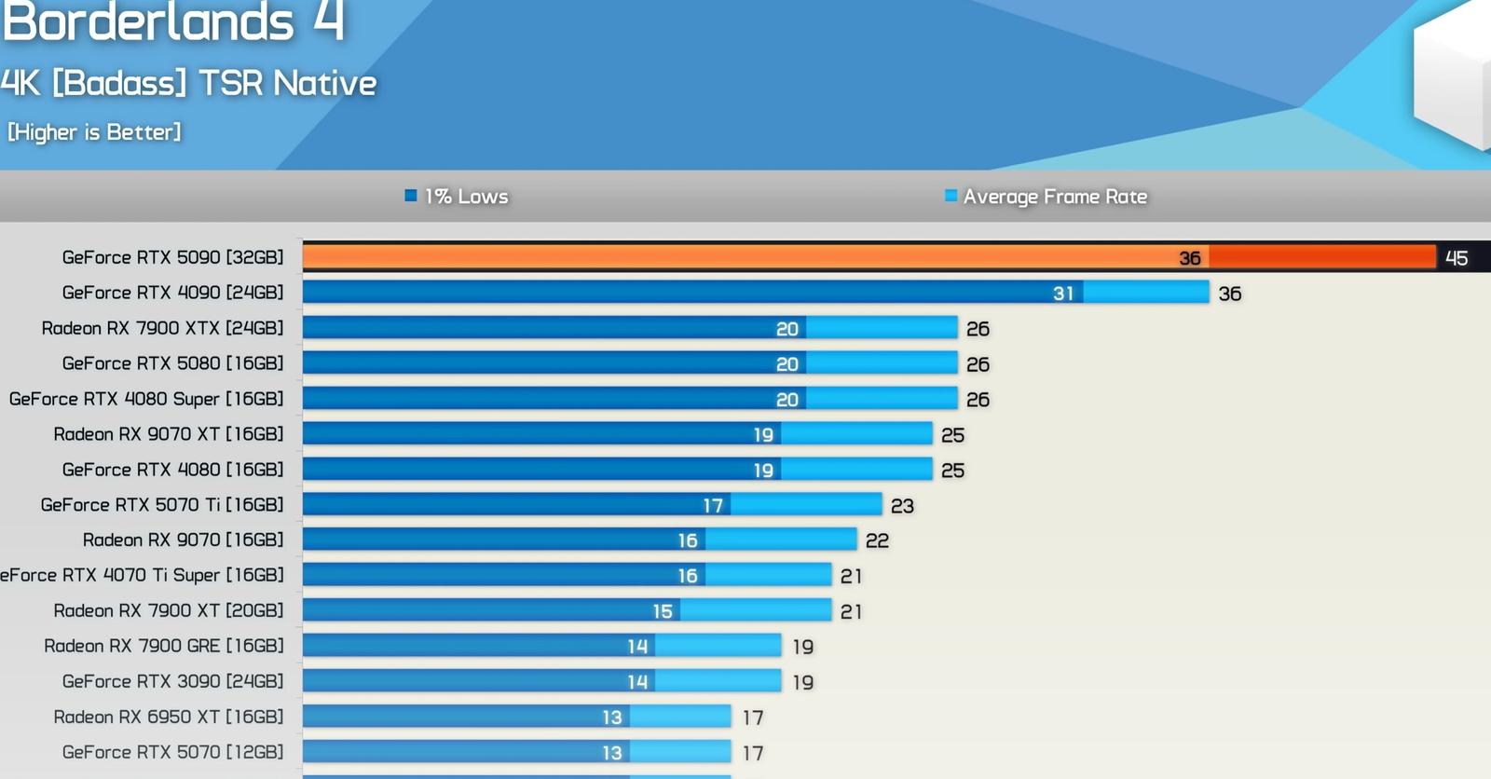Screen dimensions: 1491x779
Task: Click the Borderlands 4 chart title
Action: click(173, 21)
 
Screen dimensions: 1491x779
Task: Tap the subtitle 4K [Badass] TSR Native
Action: click(188, 83)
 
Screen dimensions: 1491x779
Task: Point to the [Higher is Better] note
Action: click(94, 131)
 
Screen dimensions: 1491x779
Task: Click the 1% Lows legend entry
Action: click(457, 197)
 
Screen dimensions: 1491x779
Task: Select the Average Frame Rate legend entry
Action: click(1046, 197)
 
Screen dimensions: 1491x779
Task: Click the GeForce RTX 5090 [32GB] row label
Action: click(172, 257)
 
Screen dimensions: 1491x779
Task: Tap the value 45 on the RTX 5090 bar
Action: click(1457, 258)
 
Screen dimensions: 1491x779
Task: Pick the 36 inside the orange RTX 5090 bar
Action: click(1189, 258)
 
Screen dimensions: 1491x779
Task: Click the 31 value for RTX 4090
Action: click(1063, 293)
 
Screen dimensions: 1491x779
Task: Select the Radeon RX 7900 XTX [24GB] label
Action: click(162, 328)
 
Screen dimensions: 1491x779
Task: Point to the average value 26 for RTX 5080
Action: click(978, 364)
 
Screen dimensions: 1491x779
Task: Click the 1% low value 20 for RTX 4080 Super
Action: click(787, 400)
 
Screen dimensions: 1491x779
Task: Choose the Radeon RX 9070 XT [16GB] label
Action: click(169, 434)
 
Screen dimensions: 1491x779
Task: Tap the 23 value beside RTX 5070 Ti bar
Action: click(902, 506)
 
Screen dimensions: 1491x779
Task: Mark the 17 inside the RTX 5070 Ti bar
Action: click(713, 506)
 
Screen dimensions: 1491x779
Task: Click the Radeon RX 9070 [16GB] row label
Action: click(183, 540)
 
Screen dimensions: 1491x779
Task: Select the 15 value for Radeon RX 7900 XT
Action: click(663, 611)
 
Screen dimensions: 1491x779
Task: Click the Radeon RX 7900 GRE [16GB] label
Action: click(164, 646)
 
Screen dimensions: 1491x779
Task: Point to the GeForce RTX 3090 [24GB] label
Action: click(172, 681)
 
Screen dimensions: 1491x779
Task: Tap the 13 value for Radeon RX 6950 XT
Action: click(611, 717)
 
